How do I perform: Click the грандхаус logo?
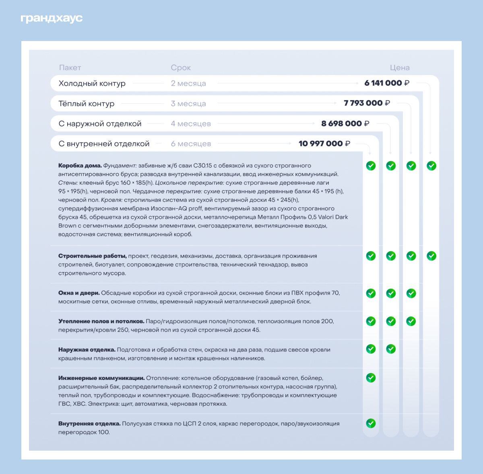pos(52,18)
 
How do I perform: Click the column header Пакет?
pos(70,68)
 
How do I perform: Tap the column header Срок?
pos(181,68)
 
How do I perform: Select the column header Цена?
pos(399,68)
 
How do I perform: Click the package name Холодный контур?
pos(92,84)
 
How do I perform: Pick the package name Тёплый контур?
pos(87,104)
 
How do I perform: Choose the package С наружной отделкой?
pos(100,124)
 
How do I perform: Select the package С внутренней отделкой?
pos(104,144)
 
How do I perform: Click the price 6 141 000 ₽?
pos(387,83)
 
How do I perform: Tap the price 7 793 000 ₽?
pos(367,103)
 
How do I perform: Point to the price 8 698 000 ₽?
pos(345,124)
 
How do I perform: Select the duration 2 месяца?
pos(188,84)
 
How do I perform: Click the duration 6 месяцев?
pos(191,144)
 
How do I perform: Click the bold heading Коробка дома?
pos(80,166)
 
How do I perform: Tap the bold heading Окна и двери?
pos(79,293)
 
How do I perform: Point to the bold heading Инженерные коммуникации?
pos(101,378)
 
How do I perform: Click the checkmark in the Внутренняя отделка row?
pos(371,423)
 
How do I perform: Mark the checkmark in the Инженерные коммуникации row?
pos(371,378)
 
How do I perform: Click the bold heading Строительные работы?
pos(92,256)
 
